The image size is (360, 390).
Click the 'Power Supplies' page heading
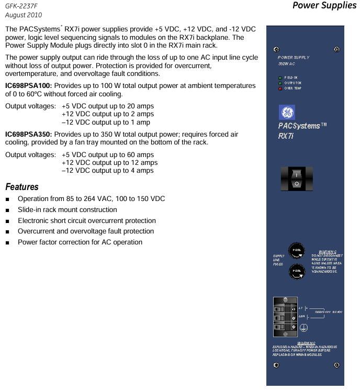pyautogui.click(x=324, y=6)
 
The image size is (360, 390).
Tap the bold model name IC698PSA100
pyautogui.click(x=28, y=85)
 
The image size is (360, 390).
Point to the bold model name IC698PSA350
pyautogui.click(x=28, y=135)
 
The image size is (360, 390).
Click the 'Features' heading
pyautogui.click(x=22, y=187)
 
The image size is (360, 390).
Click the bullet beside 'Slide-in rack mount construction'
pyautogui.click(x=7, y=210)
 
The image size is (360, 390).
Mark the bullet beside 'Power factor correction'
pyautogui.click(x=7, y=242)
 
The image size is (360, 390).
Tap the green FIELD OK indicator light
pyautogui.click(x=280, y=77)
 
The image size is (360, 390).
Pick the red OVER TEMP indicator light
pyautogui.click(x=280, y=88)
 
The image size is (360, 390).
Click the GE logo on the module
pyautogui.click(x=287, y=113)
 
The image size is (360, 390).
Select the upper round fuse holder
pyautogui.click(x=296, y=250)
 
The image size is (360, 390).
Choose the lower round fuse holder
pyautogui.click(x=296, y=270)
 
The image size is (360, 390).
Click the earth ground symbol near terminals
pyautogui.click(x=304, y=327)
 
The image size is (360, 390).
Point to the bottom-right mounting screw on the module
pyautogui.click(x=336, y=365)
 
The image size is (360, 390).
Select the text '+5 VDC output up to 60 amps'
pyautogui.click(x=107, y=155)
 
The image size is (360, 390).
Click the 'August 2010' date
pyautogui.click(x=24, y=15)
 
